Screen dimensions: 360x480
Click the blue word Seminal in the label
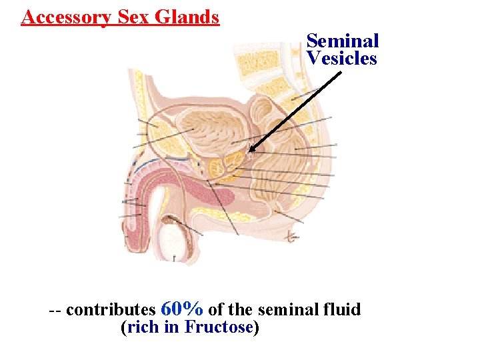(343, 41)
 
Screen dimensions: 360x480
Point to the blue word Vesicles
(342, 59)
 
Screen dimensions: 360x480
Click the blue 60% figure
(182, 309)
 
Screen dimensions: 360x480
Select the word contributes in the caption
(111, 310)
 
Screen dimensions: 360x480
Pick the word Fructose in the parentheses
(219, 327)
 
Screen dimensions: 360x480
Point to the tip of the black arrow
(249, 152)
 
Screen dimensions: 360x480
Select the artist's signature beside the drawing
(291, 235)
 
